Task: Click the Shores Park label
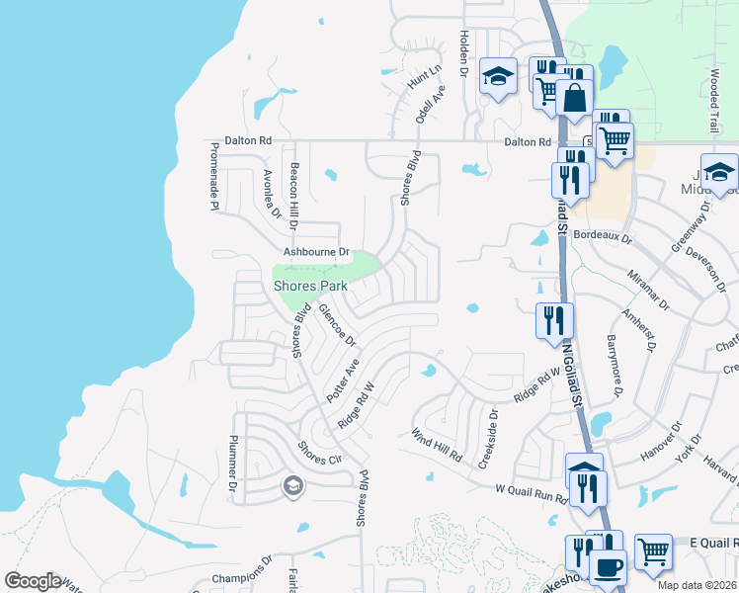(x=310, y=286)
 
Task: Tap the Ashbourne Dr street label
(x=317, y=252)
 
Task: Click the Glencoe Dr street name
(x=336, y=325)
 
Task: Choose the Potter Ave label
(x=351, y=377)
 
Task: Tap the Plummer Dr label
(x=234, y=463)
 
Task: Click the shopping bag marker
(x=574, y=99)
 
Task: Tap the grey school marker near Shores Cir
(x=291, y=485)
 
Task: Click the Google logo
(x=33, y=581)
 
